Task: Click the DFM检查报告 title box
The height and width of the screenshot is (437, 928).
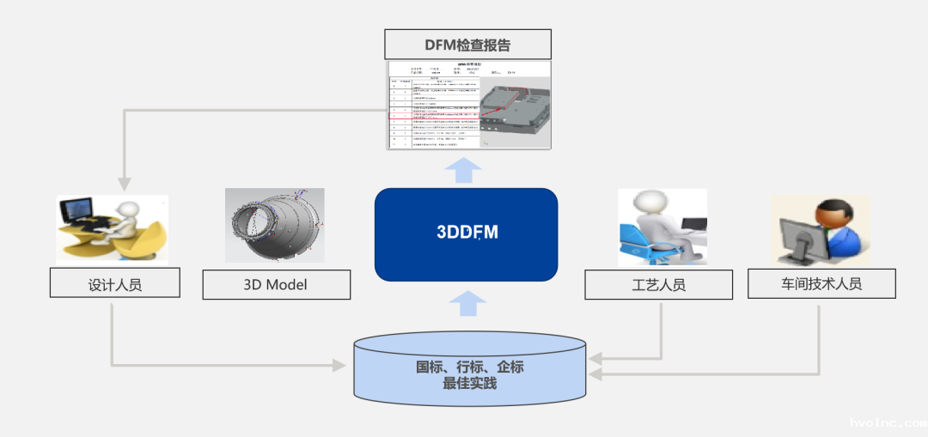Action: pyautogui.click(x=467, y=45)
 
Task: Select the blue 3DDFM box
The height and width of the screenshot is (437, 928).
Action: pyautogui.click(x=467, y=234)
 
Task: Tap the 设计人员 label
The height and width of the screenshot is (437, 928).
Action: pyautogui.click(x=115, y=284)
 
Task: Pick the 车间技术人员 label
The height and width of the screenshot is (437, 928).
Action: pyautogui.click(x=821, y=283)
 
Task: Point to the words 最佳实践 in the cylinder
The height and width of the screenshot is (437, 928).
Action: pyautogui.click(x=470, y=383)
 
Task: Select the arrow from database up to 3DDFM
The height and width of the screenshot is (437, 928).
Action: pyautogui.click(x=467, y=303)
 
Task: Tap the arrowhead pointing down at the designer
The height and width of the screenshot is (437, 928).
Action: pyautogui.click(x=125, y=183)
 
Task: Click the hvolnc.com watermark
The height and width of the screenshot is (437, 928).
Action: pyautogui.click(x=885, y=422)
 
